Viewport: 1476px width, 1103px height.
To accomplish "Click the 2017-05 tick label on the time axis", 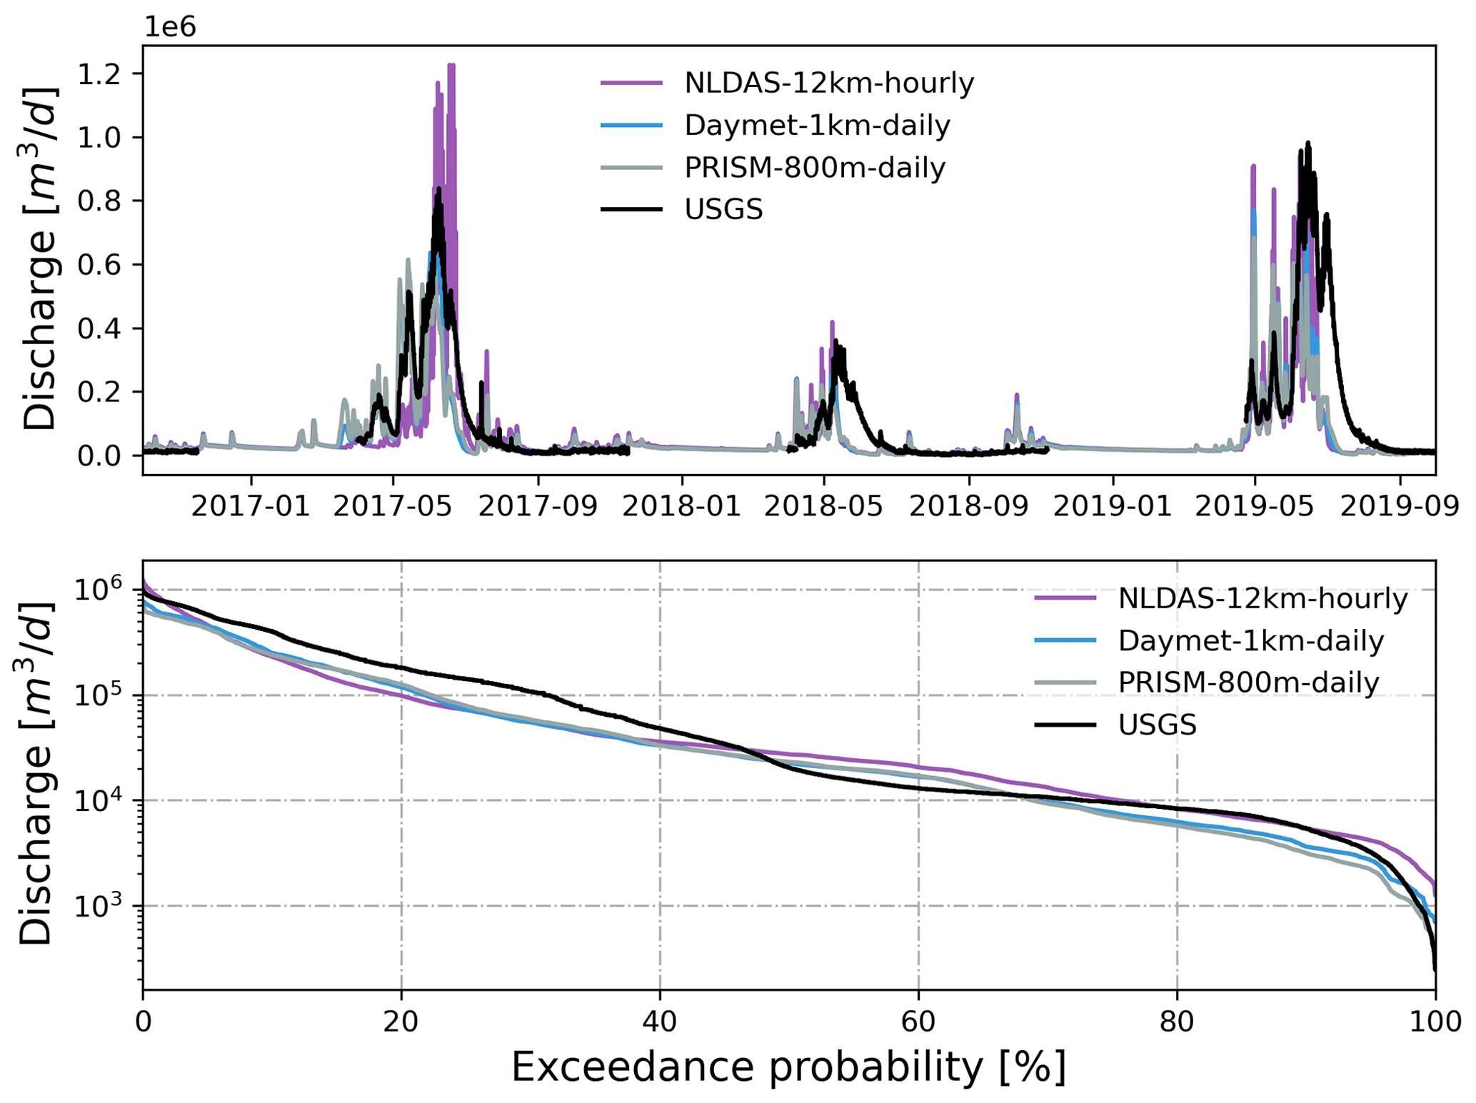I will point(393,506).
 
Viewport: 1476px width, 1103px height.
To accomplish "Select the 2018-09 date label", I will point(968,506).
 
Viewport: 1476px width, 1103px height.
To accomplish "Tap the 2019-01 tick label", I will point(1113,506).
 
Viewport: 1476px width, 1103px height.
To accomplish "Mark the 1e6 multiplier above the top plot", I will point(170,26).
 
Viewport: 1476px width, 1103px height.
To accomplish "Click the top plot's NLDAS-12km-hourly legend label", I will point(828,84).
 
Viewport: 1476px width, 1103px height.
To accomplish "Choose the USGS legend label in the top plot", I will point(723,210).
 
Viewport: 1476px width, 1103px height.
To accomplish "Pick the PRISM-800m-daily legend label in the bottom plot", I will point(1248,683).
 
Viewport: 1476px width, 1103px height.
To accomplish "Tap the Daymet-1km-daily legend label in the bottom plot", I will point(1250,640).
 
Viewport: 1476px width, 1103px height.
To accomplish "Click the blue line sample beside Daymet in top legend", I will point(631,126).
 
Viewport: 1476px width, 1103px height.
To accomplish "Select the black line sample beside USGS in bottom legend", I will point(1065,725).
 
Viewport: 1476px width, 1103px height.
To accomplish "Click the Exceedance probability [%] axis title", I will point(788,1068).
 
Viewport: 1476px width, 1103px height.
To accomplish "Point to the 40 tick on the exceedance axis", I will point(660,1022).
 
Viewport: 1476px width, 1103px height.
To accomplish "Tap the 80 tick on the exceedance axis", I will point(1176,1022).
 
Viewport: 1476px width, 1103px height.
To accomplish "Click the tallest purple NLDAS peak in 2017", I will point(451,66).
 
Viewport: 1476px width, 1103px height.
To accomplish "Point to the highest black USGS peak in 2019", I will point(1307,143).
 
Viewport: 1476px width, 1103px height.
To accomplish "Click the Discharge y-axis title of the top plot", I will point(40,258).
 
